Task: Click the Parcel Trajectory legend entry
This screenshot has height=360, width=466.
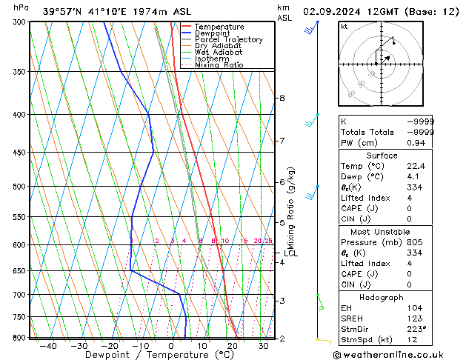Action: tap(228, 40)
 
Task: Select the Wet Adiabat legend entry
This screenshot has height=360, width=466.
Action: tap(220, 53)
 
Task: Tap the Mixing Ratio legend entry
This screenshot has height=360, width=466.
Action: tap(219, 65)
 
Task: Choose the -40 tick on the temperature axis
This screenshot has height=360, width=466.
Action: tap(49, 346)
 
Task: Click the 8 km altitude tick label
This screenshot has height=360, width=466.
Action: tap(282, 98)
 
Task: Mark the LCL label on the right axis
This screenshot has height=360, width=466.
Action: tap(290, 253)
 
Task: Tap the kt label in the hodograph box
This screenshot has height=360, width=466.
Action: tap(344, 27)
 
